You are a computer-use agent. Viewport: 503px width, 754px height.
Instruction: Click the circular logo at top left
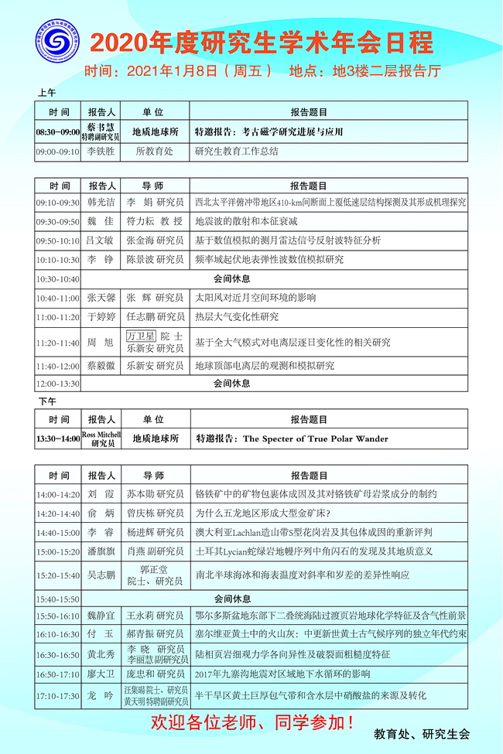click(56, 46)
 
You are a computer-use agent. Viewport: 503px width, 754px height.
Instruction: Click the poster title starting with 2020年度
click(261, 42)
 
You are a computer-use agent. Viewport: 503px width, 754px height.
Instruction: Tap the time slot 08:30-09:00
click(57, 132)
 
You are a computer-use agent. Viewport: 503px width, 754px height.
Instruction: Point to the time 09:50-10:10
click(57, 241)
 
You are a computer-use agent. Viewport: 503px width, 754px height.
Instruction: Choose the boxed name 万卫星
click(141, 336)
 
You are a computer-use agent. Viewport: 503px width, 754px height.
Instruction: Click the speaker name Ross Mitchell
click(101, 435)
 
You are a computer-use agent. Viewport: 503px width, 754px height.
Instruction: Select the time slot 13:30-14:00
click(57, 439)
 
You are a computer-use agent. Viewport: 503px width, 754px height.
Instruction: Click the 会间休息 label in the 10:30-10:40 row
click(231, 278)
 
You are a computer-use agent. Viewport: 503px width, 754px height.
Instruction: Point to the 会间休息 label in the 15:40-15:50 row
click(231, 598)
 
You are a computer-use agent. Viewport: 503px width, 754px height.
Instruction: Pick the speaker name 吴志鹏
click(101, 575)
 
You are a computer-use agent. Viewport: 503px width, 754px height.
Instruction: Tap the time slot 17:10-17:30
click(57, 696)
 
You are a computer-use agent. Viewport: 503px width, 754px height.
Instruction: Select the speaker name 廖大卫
click(101, 674)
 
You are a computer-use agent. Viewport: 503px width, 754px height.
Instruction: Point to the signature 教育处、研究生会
click(421, 734)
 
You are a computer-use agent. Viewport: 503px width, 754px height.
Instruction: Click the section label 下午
click(47, 402)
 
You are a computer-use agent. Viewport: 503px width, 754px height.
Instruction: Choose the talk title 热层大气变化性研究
click(237, 316)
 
